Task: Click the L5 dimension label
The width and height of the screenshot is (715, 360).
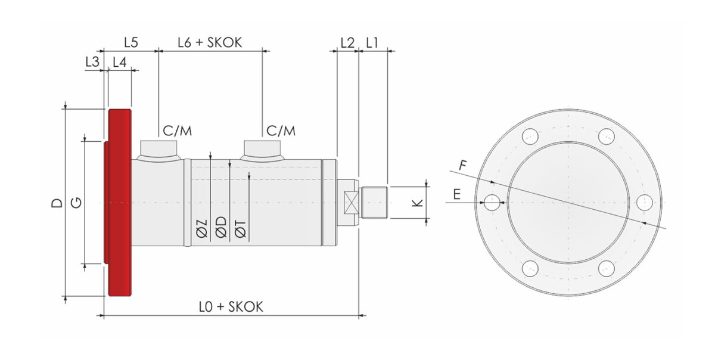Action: (131, 42)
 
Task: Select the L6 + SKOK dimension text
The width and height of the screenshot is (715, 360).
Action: (210, 42)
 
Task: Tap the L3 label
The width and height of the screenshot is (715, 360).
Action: (92, 61)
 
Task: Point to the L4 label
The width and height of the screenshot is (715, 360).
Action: (120, 62)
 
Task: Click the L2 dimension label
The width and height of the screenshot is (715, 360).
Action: (347, 42)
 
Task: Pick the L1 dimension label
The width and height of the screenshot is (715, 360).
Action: (372, 42)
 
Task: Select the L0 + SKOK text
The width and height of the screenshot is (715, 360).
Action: (231, 306)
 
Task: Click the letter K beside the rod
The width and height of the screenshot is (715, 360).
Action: (417, 203)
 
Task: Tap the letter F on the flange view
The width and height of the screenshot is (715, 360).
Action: (463, 166)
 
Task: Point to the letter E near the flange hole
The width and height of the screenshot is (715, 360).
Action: (457, 194)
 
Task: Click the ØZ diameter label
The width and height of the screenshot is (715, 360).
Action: (202, 229)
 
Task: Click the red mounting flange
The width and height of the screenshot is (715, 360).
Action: (120, 203)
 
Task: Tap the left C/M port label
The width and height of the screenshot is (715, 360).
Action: (177, 131)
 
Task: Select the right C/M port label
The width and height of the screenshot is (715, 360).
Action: (281, 131)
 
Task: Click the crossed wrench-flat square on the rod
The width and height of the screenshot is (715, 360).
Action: (351, 203)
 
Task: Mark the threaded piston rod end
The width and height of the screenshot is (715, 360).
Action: (374, 203)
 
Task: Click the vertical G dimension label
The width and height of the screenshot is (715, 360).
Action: (76, 203)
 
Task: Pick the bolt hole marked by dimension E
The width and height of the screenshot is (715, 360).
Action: (492, 203)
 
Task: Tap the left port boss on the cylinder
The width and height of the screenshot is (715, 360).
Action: (158, 151)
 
